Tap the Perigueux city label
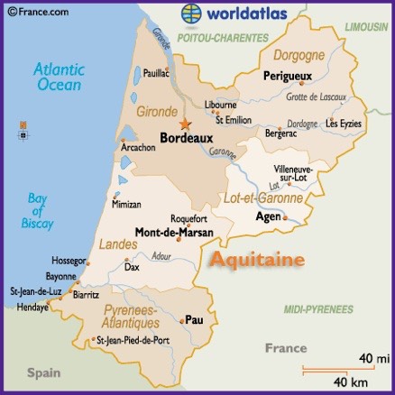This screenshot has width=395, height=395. tap(287, 78)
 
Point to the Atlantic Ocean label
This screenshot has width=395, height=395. tap(58, 77)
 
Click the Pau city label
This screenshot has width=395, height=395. tap(194, 319)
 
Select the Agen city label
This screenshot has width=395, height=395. tap(268, 216)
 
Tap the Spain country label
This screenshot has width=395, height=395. tap(42, 372)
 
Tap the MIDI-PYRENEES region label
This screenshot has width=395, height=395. tap(317, 309)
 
